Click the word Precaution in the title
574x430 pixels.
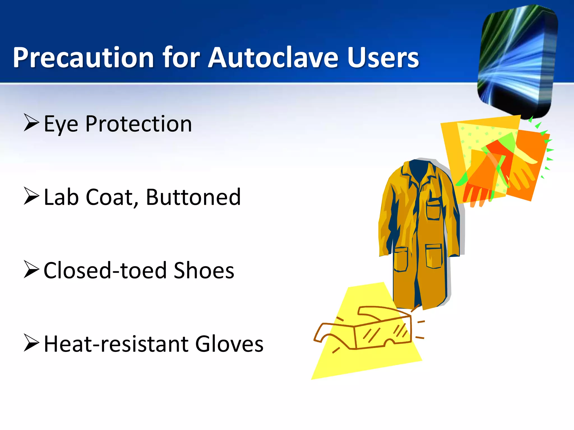84,58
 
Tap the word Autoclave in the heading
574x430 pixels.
273,58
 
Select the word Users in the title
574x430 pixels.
383,58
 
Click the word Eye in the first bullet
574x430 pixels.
61,124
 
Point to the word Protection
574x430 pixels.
139,124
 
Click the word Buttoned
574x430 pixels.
193,197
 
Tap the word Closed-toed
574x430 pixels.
105,271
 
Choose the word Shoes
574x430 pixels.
204,271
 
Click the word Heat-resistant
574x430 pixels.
116,344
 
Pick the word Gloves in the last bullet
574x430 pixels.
229,344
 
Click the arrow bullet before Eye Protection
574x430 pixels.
31,123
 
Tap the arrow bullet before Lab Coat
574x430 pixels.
31,196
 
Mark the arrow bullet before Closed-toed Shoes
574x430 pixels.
31,269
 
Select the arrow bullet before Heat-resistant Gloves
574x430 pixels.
31,343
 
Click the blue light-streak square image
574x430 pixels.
517,60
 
